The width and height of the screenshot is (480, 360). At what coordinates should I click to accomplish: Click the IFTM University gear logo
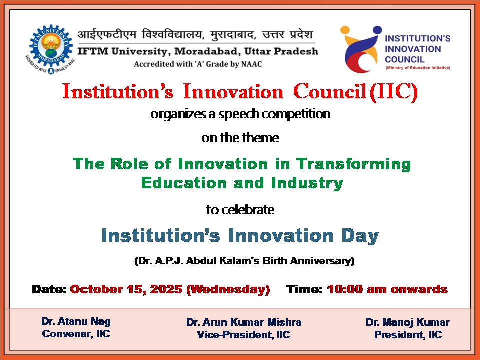click(x=50, y=49)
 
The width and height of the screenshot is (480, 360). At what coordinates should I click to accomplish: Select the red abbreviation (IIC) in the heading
click(x=394, y=92)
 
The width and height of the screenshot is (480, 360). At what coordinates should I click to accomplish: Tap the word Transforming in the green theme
click(x=353, y=164)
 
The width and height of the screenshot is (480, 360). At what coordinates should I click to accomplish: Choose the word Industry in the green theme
click(x=307, y=183)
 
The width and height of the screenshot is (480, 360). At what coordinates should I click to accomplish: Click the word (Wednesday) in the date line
click(x=228, y=289)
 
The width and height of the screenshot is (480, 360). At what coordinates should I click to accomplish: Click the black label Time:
click(x=304, y=289)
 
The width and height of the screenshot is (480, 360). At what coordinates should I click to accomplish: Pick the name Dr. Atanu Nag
click(x=76, y=321)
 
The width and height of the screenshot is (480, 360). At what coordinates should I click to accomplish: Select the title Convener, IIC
click(x=76, y=334)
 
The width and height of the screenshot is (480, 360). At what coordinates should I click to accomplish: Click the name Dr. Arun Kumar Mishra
click(x=244, y=322)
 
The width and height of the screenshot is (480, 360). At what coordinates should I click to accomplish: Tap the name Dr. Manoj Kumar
click(x=408, y=322)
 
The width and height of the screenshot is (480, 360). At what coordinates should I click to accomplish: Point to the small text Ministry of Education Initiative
click(x=418, y=68)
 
